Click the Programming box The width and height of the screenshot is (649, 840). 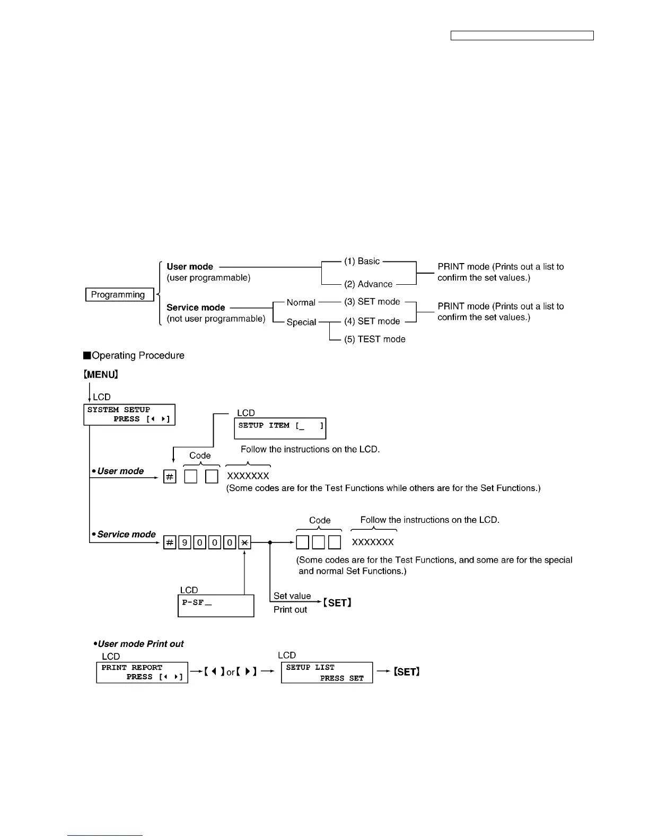[119, 295]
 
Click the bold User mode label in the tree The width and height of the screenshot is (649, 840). [190, 267]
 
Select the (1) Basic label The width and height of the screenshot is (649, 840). [362, 261]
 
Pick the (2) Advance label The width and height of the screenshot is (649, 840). [368, 284]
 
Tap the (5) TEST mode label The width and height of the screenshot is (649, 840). [374, 339]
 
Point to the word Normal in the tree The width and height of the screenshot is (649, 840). [301, 303]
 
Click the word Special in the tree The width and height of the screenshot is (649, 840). [301, 322]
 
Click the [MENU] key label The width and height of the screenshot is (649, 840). [101, 374]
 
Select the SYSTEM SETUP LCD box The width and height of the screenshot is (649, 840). [129, 415]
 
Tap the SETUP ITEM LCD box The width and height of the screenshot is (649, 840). [280, 428]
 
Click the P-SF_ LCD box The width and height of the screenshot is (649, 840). [216, 606]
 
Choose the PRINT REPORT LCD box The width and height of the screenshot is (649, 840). [142, 672]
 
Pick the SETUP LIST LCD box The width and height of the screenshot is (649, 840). [327, 672]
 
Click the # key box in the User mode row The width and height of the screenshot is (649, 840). [170, 477]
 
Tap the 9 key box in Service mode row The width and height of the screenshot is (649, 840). [185, 543]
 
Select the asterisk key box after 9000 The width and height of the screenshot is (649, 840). [244, 543]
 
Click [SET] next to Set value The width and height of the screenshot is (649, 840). [338, 603]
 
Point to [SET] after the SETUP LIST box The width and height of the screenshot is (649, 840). [407, 672]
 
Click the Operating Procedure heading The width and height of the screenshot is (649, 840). [138, 356]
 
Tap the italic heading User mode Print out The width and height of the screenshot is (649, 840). [140, 644]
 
